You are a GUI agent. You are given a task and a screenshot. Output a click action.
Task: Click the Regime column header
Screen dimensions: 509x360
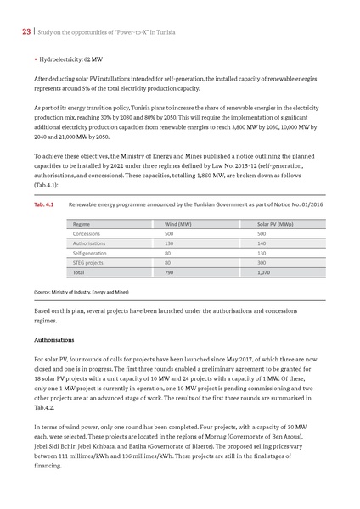point(82,224)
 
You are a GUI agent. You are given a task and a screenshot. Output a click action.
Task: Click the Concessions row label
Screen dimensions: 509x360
point(87,233)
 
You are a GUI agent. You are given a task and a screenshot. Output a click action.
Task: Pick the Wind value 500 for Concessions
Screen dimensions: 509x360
point(169,233)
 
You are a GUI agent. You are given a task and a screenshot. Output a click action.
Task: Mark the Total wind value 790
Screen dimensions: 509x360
point(169,274)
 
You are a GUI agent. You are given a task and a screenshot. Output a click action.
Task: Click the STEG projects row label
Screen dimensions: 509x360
point(89,264)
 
